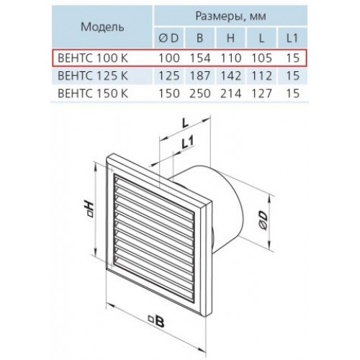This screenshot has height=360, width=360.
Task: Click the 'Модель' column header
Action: click(x=102, y=27)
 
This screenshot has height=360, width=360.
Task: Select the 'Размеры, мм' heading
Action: click(x=230, y=16)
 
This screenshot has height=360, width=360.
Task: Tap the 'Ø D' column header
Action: click(x=169, y=38)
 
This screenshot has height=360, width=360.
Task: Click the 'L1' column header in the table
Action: click(x=292, y=38)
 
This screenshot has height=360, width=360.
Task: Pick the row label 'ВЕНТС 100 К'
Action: click(x=93, y=58)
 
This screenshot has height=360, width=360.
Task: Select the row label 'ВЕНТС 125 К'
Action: click(x=93, y=76)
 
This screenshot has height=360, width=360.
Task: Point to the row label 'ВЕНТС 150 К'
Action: click(x=93, y=94)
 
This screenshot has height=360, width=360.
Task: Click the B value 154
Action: click(x=200, y=58)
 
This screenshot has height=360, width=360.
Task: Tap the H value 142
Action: click(x=230, y=76)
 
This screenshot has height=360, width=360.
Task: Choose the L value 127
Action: click(x=261, y=94)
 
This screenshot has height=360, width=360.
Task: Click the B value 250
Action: click(x=200, y=94)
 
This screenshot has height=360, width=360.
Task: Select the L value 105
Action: click(x=261, y=58)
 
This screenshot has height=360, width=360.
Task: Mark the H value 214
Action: click(x=230, y=94)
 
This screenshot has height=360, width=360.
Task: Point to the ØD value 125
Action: click(x=169, y=76)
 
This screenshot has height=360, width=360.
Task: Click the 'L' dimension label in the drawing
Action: click(x=185, y=123)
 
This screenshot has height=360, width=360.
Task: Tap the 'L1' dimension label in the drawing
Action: click(x=187, y=143)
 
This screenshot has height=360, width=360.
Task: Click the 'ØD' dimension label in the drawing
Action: click(x=264, y=220)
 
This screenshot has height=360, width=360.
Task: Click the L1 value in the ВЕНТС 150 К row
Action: click(x=293, y=94)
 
